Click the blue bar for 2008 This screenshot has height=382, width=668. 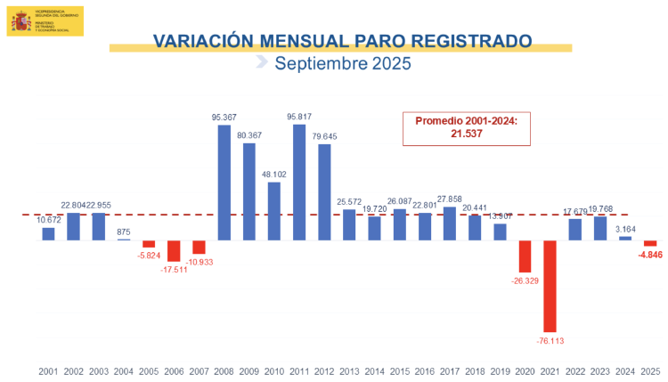[224, 183]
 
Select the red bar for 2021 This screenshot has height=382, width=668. [550, 285]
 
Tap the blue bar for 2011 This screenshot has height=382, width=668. [299, 183]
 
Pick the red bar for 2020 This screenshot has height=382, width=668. [525, 256]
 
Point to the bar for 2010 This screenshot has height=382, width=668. [274, 211]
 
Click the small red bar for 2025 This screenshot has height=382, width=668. [650, 243]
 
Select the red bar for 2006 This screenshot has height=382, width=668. [174, 251]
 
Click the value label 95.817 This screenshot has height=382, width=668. [299, 117]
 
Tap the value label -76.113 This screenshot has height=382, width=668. [550, 339]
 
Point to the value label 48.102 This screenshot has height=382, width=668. [274, 175]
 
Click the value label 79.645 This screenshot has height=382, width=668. [324, 136]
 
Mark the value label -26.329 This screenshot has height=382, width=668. [525, 281]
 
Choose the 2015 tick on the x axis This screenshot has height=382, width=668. [399, 370]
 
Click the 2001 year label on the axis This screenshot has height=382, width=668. [49, 370]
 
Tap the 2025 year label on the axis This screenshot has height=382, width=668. [650, 370]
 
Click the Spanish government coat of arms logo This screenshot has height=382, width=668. [20, 19]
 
